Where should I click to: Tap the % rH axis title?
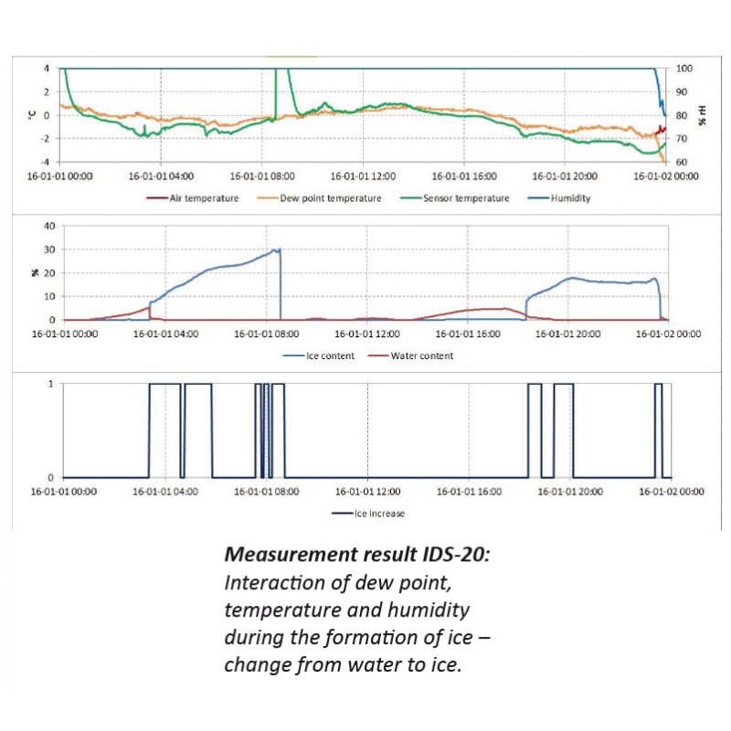tap(703, 115)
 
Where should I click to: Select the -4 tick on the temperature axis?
tap(47, 162)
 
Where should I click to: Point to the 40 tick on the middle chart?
tap(50, 226)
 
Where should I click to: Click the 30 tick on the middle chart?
tap(50, 249)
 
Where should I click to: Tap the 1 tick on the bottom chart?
tap(51, 384)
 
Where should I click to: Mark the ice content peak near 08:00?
tap(279, 249)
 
